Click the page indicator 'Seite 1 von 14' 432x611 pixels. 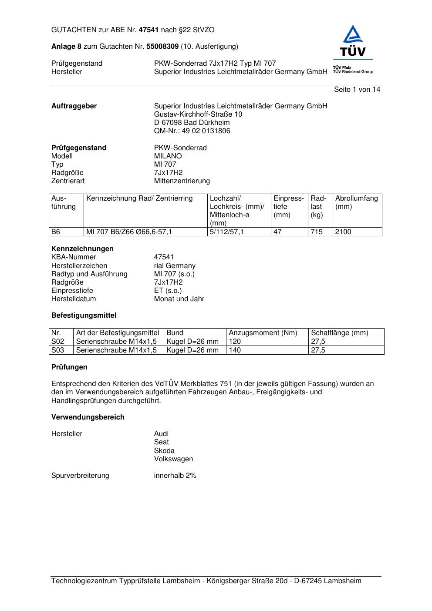pos(357,90)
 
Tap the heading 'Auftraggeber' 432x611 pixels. pos(74,106)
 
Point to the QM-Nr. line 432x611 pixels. pos(192,131)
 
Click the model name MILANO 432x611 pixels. pos(168,156)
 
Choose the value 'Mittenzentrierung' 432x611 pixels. pos(182,181)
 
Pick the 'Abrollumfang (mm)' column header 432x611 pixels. pos(356,202)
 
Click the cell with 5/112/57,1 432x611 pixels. pos(226,232)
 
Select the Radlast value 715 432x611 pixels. pos(317,232)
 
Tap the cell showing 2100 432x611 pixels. pos(343,232)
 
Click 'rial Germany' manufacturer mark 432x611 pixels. pos(175,266)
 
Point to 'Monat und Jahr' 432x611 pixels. pos(179,299)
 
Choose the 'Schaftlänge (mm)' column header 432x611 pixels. pos(339,333)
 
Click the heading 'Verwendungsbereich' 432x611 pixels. pos(88,417)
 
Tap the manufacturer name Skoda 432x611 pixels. pos(164,451)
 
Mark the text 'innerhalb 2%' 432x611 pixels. pos(175,476)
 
